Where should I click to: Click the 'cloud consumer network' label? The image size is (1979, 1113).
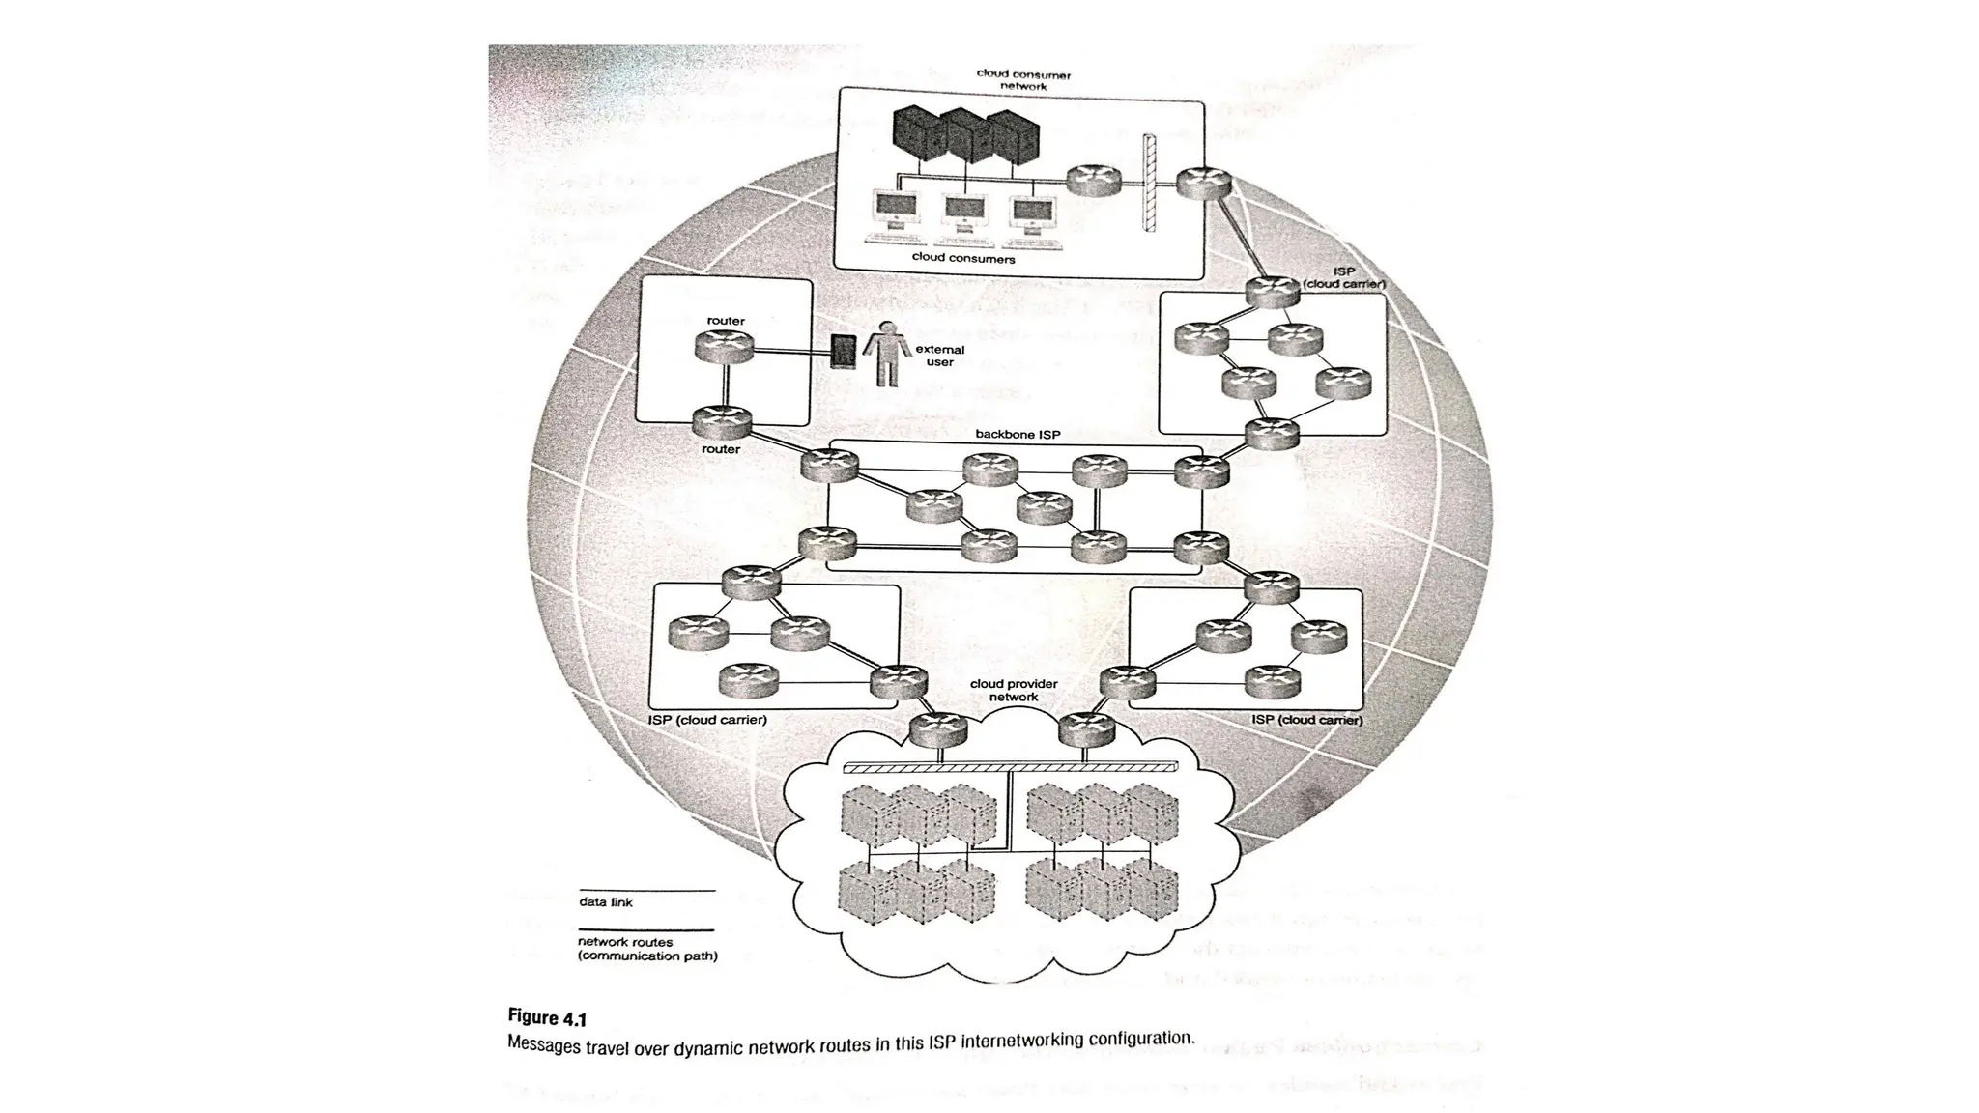click(x=1023, y=80)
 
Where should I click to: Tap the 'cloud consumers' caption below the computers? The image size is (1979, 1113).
click(x=962, y=258)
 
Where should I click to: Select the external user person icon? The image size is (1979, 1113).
click(x=885, y=354)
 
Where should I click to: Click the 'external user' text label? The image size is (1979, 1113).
click(x=939, y=356)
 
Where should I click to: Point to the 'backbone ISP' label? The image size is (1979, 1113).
click(x=1018, y=435)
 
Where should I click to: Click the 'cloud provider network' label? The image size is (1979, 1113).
click(x=1014, y=690)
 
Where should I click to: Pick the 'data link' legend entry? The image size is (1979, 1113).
click(x=606, y=902)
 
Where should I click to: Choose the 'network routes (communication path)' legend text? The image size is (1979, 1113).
click(x=647, y=949)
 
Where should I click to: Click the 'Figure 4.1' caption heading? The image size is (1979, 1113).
click(x=547, y=1017)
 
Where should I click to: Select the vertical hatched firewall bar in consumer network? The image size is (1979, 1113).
click(x=1150, y=183)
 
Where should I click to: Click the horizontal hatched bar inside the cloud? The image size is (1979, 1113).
click(x=1011, y=767)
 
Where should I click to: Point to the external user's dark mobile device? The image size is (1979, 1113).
click(x=844, y=352)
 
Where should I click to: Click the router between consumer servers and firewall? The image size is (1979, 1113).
click(x=1094, y=180)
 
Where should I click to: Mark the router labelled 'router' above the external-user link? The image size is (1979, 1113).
click(x=723, y=346)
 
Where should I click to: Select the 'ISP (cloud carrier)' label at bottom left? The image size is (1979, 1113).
click(x=707, y=720)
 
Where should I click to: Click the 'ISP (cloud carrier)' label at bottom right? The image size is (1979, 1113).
click(x=1306, y=720)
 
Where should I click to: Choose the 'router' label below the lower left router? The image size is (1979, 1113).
click(x=721, y=449)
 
